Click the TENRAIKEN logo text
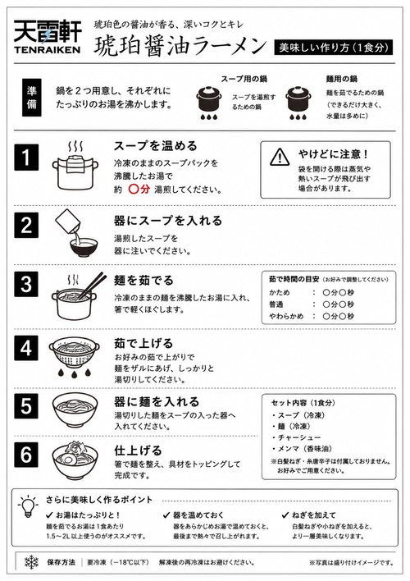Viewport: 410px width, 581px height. point(47,49)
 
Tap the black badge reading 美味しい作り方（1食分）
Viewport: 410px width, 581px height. point(334,48)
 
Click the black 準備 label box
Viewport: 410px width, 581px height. point(31,98)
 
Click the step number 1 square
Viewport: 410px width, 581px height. point(26,157)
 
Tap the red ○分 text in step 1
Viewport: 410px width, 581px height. point(139,190)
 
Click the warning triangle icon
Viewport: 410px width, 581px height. point(280,157)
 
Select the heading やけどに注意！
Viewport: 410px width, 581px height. point(334,154)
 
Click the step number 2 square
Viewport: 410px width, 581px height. point(26,225)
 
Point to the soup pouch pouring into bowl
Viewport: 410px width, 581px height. point(69,222)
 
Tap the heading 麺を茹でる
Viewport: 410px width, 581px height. point(143,281)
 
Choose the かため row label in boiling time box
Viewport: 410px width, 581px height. point(280,292)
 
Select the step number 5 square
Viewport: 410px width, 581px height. point(26,405)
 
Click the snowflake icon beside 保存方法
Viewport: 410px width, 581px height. point(31,562)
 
